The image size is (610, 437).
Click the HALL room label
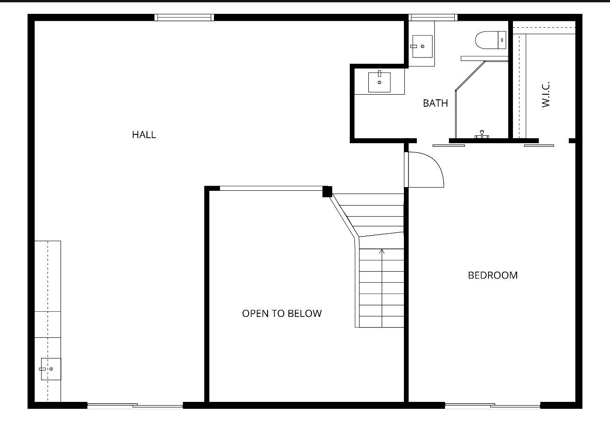point(144,135)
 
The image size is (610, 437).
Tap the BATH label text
point(435,103)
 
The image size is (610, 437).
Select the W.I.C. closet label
point(546,95)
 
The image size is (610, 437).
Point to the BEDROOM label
point(493,275)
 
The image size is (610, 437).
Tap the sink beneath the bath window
point(422,46)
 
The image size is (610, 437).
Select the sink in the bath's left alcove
point(379,82)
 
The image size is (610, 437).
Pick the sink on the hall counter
point(50,369)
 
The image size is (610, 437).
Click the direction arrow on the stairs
point(382,252)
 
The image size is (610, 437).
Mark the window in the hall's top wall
point(184,18)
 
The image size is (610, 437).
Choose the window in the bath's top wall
point(433,18)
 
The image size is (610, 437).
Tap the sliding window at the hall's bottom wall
point(135,406)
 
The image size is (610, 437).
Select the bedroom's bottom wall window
point(492,406)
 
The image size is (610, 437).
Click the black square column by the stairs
point(327,191)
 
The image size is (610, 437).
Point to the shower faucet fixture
point(482,135)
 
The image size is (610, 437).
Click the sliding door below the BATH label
point(448,146)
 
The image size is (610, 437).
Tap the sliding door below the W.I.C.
point(539,146)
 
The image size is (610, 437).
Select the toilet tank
point(502,40)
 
